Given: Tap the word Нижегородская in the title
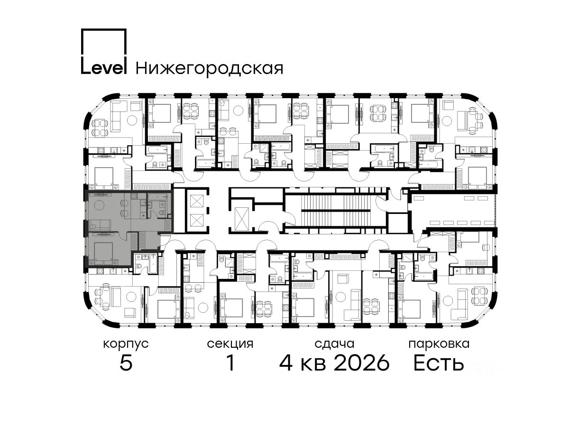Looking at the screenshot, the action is pos(210,69).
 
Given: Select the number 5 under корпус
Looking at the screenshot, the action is pos(126,363).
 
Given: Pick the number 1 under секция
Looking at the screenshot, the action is pos(230,363).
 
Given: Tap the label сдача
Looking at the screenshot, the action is pos(334,344).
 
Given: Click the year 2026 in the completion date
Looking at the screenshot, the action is pos(362,363).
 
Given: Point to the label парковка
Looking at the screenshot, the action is pos(439,344).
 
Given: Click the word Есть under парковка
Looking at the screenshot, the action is pos(439,363).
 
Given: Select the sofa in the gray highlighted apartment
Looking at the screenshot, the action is pos(100,225).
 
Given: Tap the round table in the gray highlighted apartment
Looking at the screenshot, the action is pos(100,205).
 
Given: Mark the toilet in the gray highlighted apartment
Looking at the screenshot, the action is pos(161,213).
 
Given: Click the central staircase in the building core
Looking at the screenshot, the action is pos(336,211).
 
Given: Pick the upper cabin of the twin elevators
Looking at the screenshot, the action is pos(196,201).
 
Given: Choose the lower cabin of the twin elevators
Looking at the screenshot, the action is pos(196,220).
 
